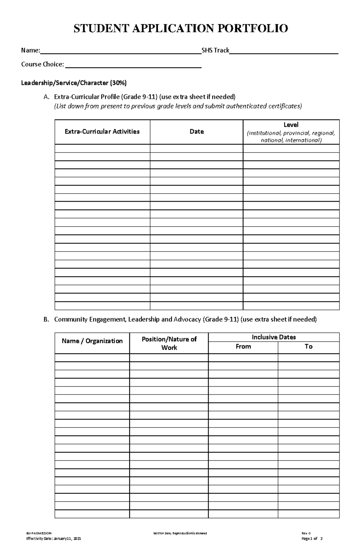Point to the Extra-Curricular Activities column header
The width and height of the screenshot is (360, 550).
[x=102, y=132]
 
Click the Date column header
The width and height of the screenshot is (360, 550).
[x=196, y=132]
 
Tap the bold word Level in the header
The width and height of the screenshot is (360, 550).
[x=291, y=125]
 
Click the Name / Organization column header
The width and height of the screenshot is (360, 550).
[x=92, y=341]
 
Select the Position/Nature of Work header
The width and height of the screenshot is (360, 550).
[x=169, y=343]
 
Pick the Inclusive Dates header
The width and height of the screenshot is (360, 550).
[x=274, y=337]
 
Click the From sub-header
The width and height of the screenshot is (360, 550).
[x=243, y=346]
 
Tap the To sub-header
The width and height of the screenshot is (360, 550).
[x=308, y=346]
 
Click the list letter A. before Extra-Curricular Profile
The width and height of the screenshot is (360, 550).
[x=46, y=97]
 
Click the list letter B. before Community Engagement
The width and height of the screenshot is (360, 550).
[x=46, y=320]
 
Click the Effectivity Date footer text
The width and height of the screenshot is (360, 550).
[x=54, y=539]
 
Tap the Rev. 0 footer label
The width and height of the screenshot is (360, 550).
[x=306, y=533]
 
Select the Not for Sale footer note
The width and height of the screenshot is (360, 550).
[x=180, y=533]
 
